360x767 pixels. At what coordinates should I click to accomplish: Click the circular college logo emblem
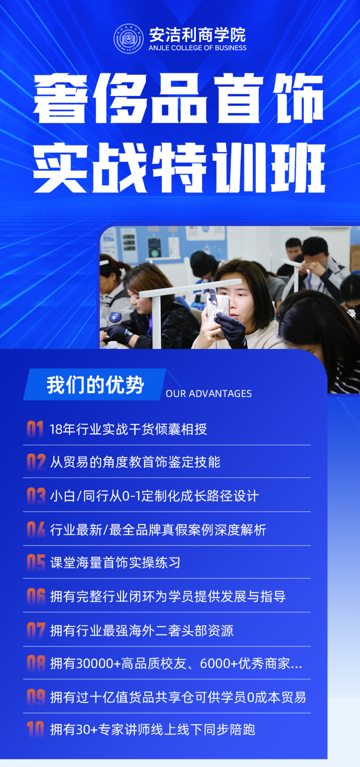pyautogui.click(x=129, y=38)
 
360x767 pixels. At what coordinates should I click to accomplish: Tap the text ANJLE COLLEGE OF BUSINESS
pyautogui.click(x=198, y=48)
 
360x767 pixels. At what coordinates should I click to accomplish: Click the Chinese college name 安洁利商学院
pyautogui.click(x=198, y=35)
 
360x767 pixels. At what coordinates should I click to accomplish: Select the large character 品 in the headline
pyautogui.click(x=179, y=98)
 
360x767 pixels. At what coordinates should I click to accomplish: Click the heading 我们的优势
pyautogui.click(x=95, y=385)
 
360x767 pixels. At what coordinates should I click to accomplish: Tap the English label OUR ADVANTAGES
pyautogui.click(x=209, y=394)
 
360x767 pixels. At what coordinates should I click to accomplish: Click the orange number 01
pyautogui.click(x=35, y=429)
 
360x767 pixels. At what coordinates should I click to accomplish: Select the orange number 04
pyautogui.click(x=36, y=530)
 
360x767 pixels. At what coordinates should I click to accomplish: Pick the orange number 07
pyautogui.click(x=36, y=630)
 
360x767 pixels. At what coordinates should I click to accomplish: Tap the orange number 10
pyautogui.click(x=36, y=730)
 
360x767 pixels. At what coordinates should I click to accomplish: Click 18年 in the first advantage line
pyautogui.click(x=62, y=429)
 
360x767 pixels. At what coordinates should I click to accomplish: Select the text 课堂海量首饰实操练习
pyautogui.click(x=115, y=563)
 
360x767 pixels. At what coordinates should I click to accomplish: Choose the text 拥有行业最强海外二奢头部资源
pyautogui.click(x=142, y=630)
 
